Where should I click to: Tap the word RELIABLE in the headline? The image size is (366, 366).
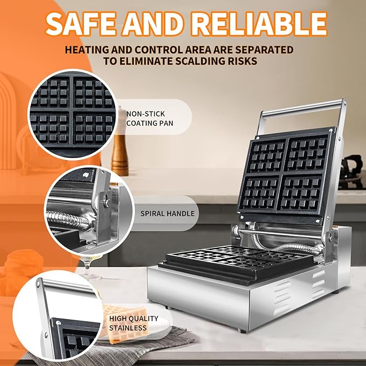coord(259,23)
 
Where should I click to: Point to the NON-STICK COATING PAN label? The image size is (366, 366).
coord(150,119)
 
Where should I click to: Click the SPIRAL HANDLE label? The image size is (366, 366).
coord(167,213)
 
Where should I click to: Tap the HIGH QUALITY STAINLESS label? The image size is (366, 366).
coord(134,323)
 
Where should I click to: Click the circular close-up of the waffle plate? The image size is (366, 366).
coord(73,114)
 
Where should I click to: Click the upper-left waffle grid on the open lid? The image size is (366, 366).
coord(267,156)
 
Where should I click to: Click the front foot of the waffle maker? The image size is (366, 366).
coord(242,330)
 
